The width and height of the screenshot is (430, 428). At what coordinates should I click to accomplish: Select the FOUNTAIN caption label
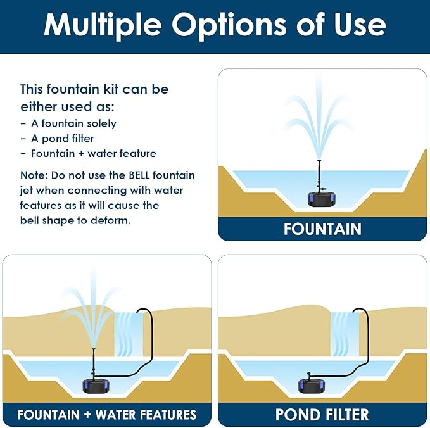[x=322, y=229]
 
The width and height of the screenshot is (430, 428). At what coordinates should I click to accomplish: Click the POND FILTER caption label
[x=322, y=415]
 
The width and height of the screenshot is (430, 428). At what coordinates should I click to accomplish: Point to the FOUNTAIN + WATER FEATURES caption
[x=107, y=415]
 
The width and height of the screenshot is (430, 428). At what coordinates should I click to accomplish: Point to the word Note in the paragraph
[x=32, y=175]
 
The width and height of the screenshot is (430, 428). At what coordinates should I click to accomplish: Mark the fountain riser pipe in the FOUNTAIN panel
[x=319, y=174]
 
